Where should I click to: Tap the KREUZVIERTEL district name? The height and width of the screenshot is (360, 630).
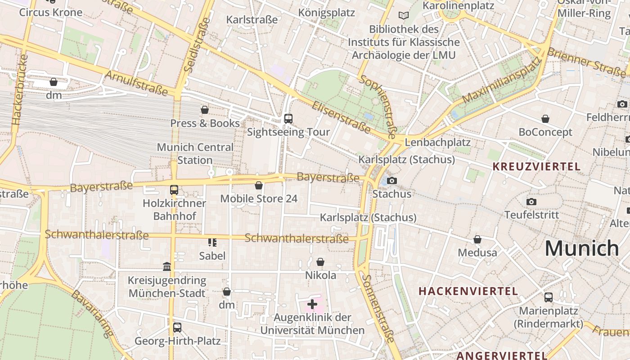(536, 166)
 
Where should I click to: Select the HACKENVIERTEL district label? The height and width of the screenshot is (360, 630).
(468, 291)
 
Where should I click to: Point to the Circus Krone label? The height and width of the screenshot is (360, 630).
(50, 12)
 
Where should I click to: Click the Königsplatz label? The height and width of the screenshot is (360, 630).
(327, 12)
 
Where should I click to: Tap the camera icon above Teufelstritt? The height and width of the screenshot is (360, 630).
(531, 202)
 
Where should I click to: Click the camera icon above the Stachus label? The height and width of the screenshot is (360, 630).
(392, 180)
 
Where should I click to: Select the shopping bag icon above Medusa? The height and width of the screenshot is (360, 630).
(477, 239)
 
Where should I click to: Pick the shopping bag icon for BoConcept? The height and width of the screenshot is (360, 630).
(545, 119)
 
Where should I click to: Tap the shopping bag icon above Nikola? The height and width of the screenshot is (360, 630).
(320, 262)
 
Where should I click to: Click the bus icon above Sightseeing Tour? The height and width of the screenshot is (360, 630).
(288, 119)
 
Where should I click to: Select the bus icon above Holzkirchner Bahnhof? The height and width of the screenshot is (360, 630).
(174, 190)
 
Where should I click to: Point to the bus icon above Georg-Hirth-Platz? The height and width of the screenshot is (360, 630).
(177, 328)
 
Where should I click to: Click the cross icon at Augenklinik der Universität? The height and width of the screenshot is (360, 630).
(312, 304)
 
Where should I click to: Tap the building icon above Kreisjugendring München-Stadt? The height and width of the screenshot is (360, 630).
(167, 267)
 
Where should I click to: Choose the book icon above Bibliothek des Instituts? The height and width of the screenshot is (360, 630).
(404, 16)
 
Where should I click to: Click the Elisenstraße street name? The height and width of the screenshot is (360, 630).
(341, 117)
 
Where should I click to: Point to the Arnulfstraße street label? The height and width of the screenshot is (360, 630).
(136, 83)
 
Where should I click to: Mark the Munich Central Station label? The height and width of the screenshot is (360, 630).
(195, 153)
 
